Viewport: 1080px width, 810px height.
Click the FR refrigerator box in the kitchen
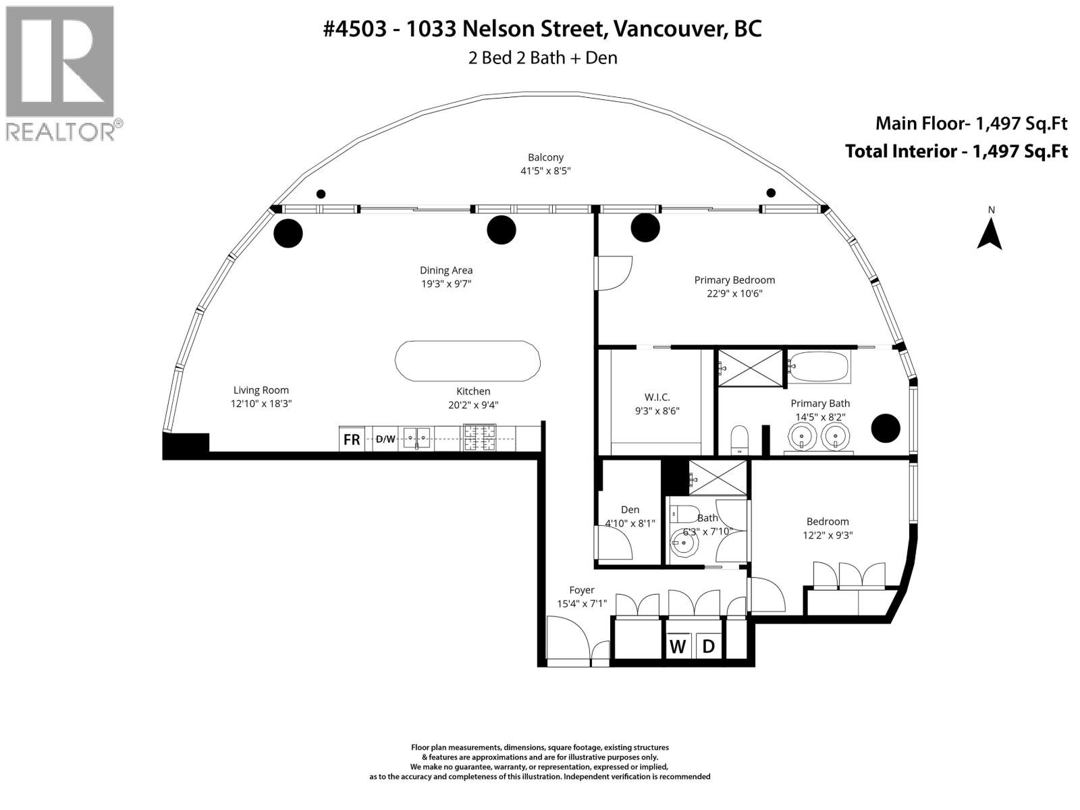(352, 439)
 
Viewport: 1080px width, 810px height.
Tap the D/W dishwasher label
(385, 439)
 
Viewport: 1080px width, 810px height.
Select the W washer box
(677, 647)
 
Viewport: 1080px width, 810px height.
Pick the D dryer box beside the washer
(708, 647)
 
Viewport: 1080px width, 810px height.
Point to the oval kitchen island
(467, 361)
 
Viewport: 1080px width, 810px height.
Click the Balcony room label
(545, 157)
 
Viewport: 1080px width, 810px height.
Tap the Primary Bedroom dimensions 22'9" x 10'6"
(734, 294)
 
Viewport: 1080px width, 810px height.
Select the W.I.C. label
(657, 397)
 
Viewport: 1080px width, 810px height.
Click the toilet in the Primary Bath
(740, 439)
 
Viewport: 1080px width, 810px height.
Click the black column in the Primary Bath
(885, 428)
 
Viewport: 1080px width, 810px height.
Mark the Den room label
(630, 510)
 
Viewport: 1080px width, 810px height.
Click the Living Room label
(261, 390)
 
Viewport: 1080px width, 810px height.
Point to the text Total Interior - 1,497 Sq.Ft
(956, 151)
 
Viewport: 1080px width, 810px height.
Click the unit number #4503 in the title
(355, 29)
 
